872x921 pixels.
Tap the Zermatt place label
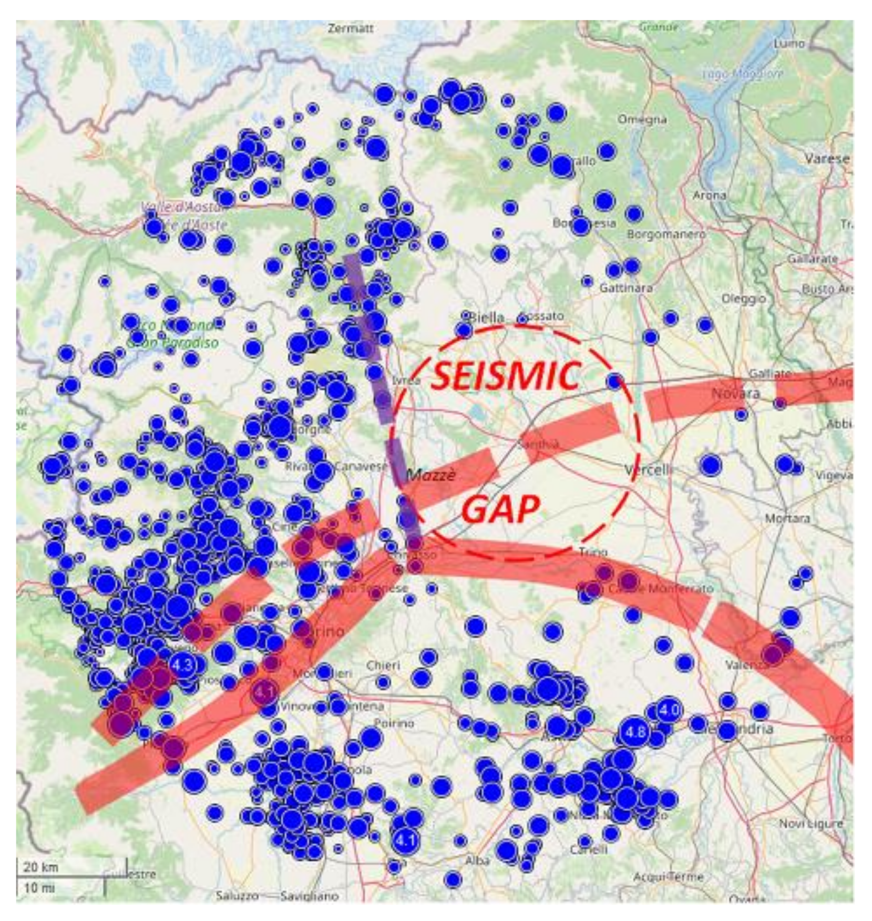point(350,28)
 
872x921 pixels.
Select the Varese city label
point(827,158)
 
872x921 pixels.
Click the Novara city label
point(735,393)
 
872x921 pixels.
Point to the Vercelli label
point(648,469)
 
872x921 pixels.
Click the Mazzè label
point(431,475)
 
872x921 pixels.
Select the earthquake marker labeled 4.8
point(635,731)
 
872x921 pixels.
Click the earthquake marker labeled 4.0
point(669,710)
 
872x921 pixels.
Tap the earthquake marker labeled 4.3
point(182,665)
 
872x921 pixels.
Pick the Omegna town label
point(642,119)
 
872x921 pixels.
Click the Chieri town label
point(383,665)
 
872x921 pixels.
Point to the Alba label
point(477,861)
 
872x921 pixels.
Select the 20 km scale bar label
point(40,867)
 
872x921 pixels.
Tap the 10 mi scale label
point(39,888)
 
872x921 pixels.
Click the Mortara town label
point(787,518)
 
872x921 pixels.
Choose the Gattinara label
point(626,288)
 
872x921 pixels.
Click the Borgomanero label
point(666,234)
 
